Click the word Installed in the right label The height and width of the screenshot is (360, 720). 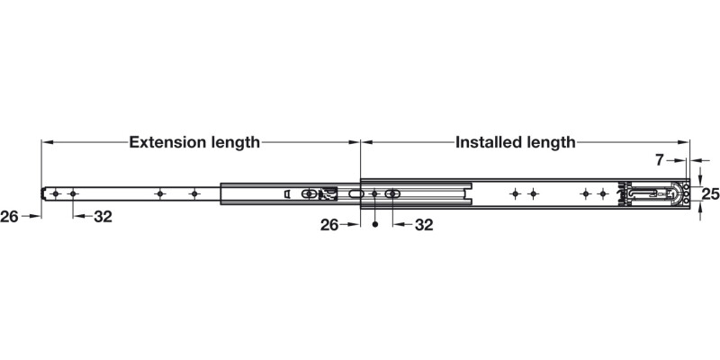tap(488, 142)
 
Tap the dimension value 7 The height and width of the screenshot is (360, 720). tap(660, 160)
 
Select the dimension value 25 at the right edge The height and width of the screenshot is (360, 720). tap(710, 194)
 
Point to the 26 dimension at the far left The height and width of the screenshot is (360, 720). tap(9, 216)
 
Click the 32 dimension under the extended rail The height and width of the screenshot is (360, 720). tap(103, 217)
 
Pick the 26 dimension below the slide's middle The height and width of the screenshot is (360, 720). tap(329, 225)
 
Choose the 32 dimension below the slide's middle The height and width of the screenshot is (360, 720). tap(424, 225)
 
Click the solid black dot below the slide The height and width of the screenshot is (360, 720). tap(374, 224)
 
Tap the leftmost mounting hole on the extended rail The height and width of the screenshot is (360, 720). tap(56, 193)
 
